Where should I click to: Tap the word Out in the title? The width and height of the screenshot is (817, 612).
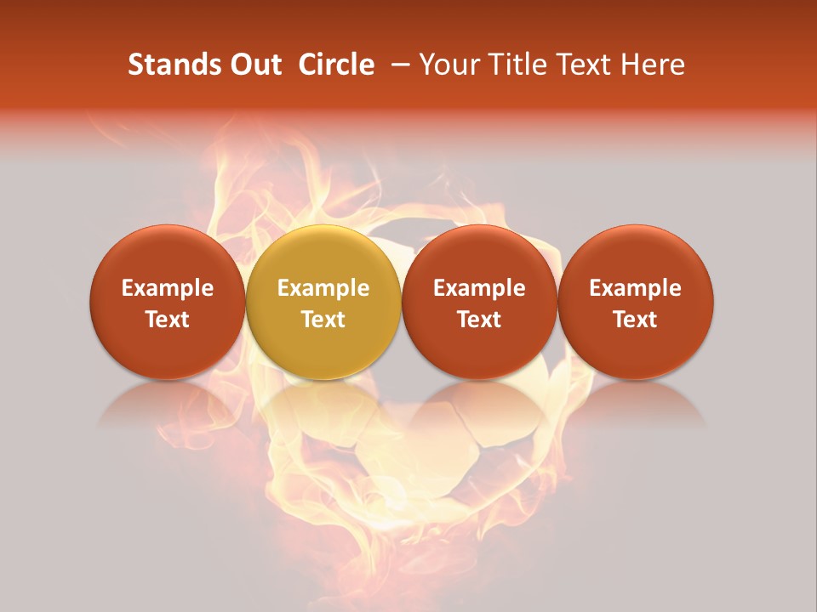tap(254, 65)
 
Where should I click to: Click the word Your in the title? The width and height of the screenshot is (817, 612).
tap(448, 65)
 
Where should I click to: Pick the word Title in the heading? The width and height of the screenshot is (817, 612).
tap(513, 65)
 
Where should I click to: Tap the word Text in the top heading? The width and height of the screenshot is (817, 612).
tap(583, 65)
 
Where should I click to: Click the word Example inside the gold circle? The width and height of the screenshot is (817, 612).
tap(323, 288)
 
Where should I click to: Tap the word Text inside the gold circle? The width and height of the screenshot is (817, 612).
tap(323, 320)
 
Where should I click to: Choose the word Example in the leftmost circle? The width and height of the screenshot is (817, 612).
tap(168, 288)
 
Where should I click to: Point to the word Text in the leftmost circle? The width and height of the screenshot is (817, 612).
tap(168, 320)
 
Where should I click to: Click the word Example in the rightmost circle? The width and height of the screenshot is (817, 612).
tap(636, 288)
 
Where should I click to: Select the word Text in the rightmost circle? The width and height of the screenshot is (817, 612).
tap(636, 320)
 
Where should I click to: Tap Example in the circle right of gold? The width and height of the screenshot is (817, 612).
tap(479, 288)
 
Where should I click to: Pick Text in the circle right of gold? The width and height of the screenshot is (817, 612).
tap(479, 320)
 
